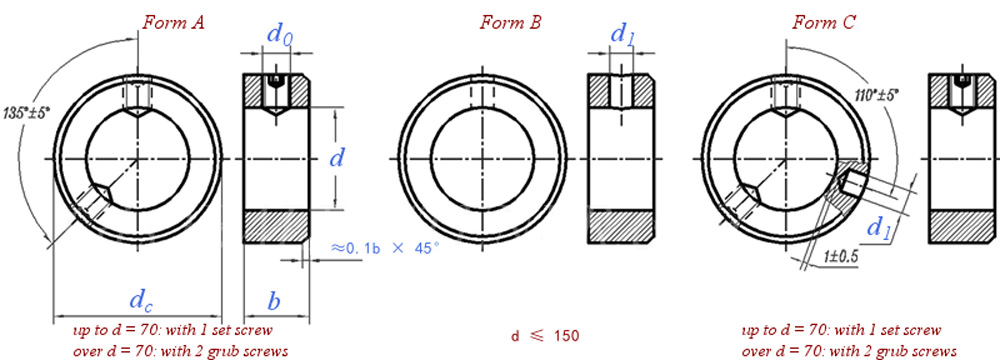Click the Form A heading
coord(173,24)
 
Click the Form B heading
coord(511,24)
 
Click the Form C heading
coord(824,24)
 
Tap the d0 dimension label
coord(281,35)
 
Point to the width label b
coord(274,300)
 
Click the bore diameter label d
coord(337,156)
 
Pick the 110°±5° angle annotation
coord(876,95)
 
